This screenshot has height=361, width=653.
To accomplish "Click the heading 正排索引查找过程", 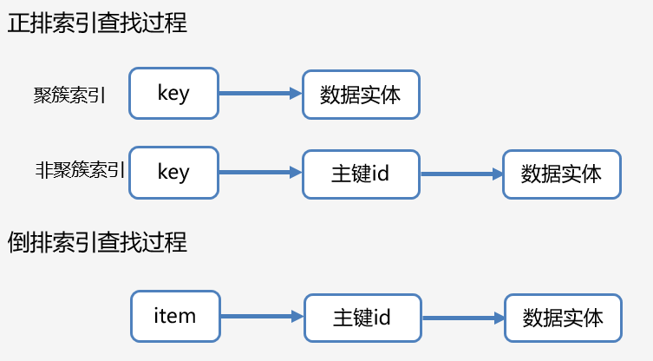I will click(97, 23).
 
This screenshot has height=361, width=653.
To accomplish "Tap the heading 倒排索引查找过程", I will click(97, 241).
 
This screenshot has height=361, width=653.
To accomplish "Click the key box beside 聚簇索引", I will click(173, 94).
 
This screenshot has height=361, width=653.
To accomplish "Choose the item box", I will click(175, 316).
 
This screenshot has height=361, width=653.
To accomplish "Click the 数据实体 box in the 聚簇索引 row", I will click(361, 94).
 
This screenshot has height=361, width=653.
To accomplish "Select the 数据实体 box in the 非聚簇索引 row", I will click(562, 173).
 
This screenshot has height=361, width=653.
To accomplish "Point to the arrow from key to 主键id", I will click(259, 173).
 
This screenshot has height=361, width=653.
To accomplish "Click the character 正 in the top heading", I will click(17, 23).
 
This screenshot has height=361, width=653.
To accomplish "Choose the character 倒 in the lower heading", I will click(17, 241).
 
